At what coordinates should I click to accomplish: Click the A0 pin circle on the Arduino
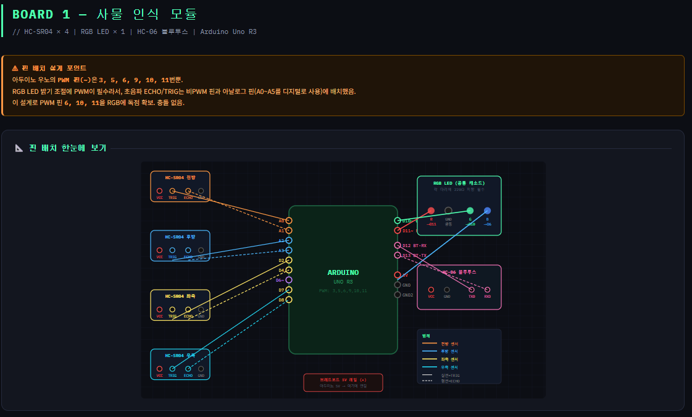click(289, 221)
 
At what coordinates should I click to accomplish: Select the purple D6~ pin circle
click(289, 280)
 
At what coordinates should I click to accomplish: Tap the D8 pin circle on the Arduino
click(289, 300)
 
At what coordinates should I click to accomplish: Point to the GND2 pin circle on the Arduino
click(398, 295)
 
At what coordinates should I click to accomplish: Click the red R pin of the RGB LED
click(431, 211)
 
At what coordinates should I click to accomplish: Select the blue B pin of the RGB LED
click(487, 211)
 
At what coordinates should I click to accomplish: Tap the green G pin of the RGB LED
click(470, 211)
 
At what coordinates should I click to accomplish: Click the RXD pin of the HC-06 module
click(487, 289)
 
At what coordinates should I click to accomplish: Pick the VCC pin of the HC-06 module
click(431, 289)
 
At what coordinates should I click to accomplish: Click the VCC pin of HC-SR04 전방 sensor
click(159, 191)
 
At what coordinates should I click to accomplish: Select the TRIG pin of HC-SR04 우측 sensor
click(172, 368)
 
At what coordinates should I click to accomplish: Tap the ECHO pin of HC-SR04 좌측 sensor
click(188, 309)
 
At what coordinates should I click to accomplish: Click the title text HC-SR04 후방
click(180, 237)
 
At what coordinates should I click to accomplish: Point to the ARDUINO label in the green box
click(343, 272)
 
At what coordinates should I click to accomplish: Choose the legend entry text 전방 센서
click(449, 343)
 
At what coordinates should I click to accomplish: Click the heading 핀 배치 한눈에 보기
click(67, 148)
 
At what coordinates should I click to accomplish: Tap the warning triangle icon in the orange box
click(15, 68)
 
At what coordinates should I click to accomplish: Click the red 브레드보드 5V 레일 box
click(343, 382)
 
